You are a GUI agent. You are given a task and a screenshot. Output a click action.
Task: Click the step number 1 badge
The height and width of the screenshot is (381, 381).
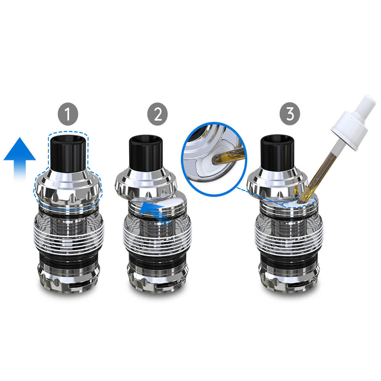tap(68, 114)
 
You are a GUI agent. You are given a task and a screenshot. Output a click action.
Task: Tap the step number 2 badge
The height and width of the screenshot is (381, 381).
tap(157, 114)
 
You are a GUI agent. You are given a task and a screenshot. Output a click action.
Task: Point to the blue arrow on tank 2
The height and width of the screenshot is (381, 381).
tap(155, 212)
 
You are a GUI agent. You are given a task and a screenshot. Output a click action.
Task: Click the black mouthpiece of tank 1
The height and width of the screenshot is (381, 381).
tap(68, 153)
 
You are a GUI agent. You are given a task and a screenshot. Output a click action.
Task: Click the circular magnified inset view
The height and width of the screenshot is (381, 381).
tap(214, 159)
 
